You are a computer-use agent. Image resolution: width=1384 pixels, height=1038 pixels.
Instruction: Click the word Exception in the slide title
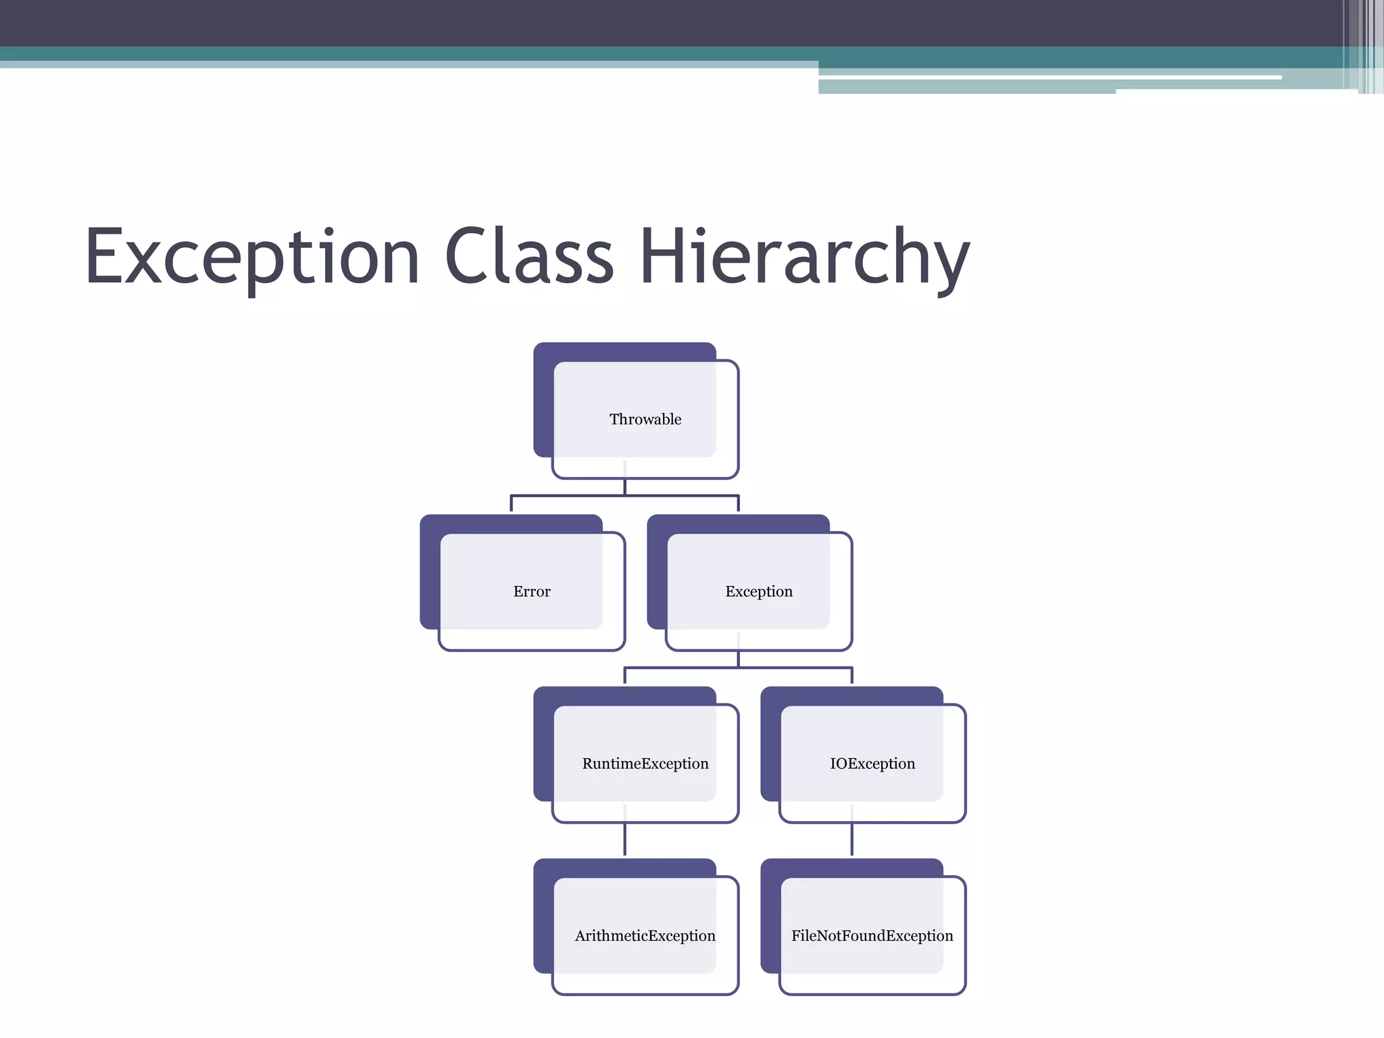pos(252,257)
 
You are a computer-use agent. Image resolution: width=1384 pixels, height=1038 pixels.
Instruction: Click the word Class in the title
pos(528,256)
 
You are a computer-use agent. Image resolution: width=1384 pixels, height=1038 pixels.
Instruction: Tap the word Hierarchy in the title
pos(804,257)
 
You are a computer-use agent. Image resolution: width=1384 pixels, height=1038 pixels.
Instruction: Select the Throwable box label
pos(645,420)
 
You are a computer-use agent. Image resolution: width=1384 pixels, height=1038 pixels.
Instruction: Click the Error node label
pos(532,592)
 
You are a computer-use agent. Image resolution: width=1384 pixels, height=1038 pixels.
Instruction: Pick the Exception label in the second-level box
pos(758,592)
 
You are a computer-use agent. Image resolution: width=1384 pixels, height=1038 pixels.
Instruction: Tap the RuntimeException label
pos(645,764)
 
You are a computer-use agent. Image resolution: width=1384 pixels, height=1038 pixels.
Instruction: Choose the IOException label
pos(872,764)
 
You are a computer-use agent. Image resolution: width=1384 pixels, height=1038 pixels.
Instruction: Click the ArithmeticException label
pos(645,936)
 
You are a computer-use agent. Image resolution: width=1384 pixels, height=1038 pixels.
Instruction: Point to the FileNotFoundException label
pos(872,936)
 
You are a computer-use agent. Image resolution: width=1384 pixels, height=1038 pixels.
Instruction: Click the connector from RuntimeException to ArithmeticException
pos(624,839)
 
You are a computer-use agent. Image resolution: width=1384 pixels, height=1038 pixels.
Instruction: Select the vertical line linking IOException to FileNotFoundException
pos(851,839)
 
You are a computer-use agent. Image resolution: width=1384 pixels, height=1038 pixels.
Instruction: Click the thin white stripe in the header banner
pos(1047,78)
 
